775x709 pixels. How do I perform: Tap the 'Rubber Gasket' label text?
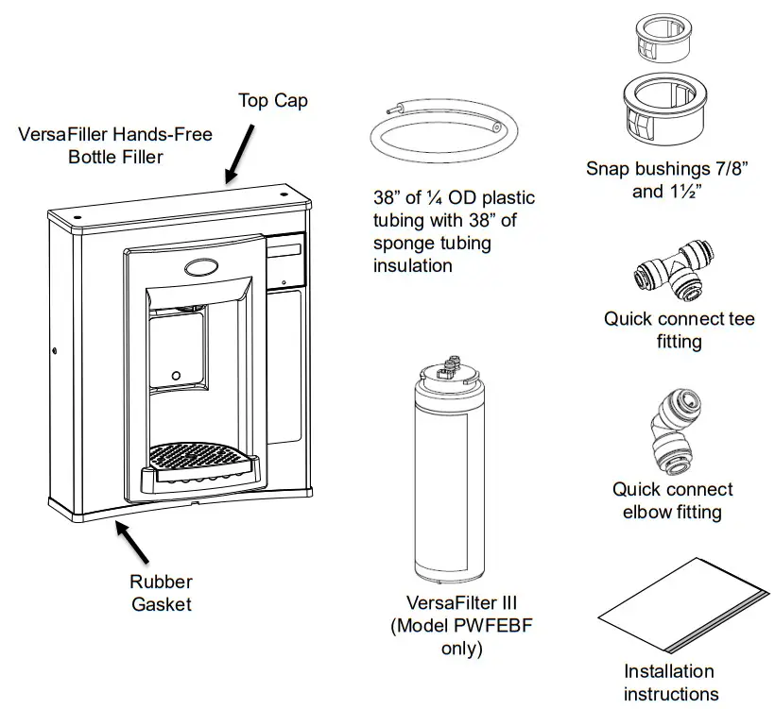[x=162, y=592]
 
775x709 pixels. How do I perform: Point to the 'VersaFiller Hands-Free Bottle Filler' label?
[x=115, y=145]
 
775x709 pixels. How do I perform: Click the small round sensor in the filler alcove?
[x=176, y=377]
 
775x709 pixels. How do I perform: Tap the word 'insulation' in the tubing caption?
[x=412, y=265]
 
